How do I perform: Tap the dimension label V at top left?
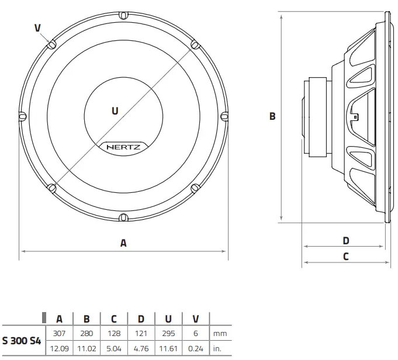pyautogui.click(x=37, y=27)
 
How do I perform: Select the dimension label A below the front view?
pyautogui.click(x=123, y=243)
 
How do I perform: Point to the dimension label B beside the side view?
pyautogui.click(x=272, y=116)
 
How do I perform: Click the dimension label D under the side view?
pyautogui.click(x=345, y=240)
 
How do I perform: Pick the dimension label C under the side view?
pyautogui.click(x=345, y=256)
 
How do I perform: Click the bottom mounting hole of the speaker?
pyautogui.click(x=123, y=217)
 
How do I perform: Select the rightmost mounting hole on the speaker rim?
pyautogui.click(x=224, y=116)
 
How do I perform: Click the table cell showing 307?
pyautogui.click(x=59, y=334)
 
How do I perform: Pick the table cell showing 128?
pyautogui.click(x=114, y=334)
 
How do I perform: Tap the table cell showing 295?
pyautogui.click(x=168, y=334)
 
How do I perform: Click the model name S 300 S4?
pyautogui.click(x=22, y=341)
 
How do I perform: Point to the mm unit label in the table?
pyautogui.click(x=220, y=334)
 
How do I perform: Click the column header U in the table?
pyautogui.click(x=168, y=319)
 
